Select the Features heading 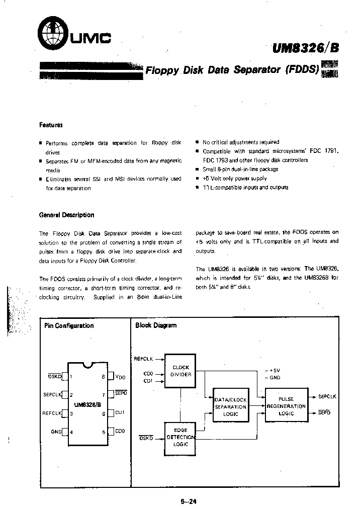[x=51, y=125]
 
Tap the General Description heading [x=66, y=215]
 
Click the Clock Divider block [x=180, y=371]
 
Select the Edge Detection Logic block [x=180, y=437]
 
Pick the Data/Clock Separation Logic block [x=231, y=407]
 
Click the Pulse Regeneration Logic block [x=286, y=405]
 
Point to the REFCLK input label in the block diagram [x=143, y=359]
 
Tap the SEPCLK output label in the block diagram [x=327, y=397]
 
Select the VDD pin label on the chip [x=121, y=377]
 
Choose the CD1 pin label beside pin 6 [x=120, y=413]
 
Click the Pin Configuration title [x=69, y=325]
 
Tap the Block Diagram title [x=156, y=325]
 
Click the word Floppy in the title [x=162, y=70]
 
